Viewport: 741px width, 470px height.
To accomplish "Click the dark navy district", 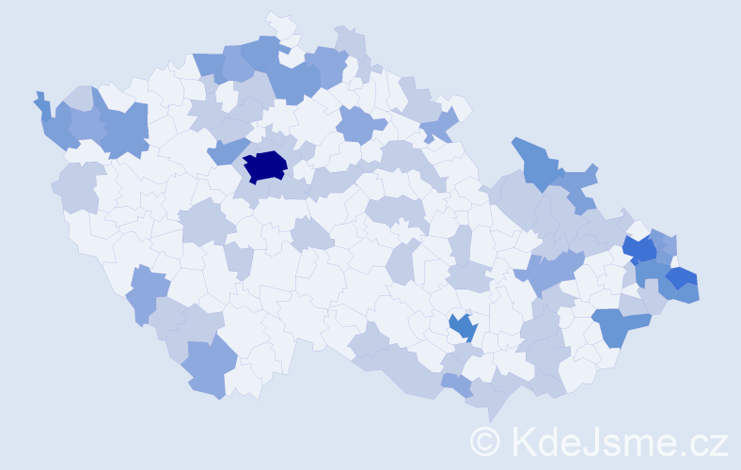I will [x=265, y=165].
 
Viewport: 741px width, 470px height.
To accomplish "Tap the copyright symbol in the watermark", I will [x=485, y=441].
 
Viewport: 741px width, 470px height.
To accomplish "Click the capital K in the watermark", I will [x=523, y=441].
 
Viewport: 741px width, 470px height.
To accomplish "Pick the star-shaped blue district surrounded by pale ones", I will [x=462, y=327].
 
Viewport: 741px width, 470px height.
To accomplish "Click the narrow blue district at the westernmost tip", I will [x=43, y=106].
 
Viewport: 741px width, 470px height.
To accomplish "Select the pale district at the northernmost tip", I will [x=280, y=23].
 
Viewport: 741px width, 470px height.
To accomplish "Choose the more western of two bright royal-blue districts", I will [x=641, y=249].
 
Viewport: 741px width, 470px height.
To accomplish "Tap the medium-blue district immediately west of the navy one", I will [x=226, y=149].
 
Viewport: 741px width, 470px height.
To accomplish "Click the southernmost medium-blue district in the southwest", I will [x=206, y=368].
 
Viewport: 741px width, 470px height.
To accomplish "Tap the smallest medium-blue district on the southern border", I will [x=457, y=384].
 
